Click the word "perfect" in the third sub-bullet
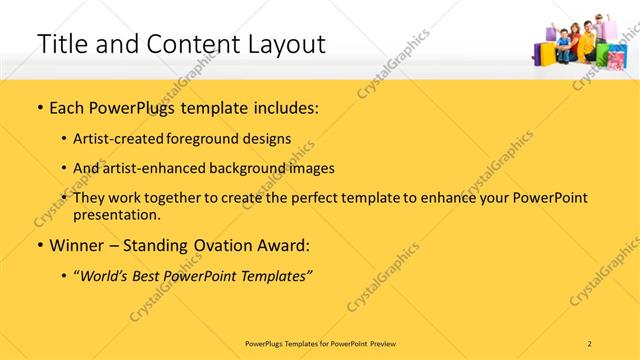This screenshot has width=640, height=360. pyautogui.click(x=328, y=198)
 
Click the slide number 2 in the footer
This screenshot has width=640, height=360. pyautogui.click(x=589, y=343)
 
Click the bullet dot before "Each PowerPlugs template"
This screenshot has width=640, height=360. pyautogui.click(x=39, y=107)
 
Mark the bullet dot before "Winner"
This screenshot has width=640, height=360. pyautogui.click(x=39, y=246)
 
